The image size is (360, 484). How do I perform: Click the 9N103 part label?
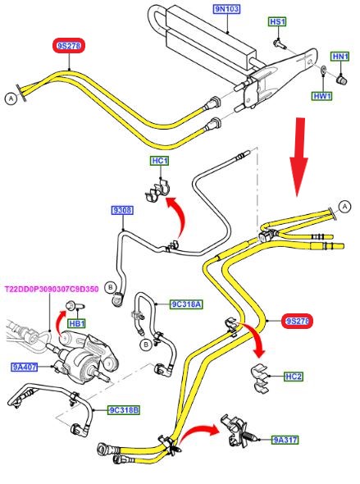click(226, 9)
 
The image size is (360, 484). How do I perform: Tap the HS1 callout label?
click(277, 21)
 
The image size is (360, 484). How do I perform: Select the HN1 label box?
click(340, 57)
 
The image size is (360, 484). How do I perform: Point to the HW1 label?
click(322, 96)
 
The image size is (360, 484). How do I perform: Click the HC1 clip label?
click(160, 161)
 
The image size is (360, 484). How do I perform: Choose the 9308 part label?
click(122, 210)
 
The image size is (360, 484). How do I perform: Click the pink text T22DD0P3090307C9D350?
click(52, 290)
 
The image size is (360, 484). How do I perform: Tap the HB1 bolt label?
click(77, 323)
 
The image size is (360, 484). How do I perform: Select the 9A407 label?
click(25, 368)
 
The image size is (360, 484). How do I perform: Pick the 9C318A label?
click(186, 304)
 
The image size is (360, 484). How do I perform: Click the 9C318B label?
click(123, 410)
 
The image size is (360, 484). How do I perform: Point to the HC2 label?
click(294, 377)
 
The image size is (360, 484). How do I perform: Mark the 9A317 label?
click(285, 440)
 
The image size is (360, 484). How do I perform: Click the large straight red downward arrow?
click(298, 157)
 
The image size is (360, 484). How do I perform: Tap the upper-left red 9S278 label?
click(69, 46)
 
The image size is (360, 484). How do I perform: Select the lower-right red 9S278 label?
click(297, 322)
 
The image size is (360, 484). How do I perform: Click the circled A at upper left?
click(11, 98)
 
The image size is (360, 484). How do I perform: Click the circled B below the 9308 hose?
click(110, 288)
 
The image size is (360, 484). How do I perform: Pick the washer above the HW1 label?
click(323, 71)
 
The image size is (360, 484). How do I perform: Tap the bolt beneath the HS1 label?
click(279, 43)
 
